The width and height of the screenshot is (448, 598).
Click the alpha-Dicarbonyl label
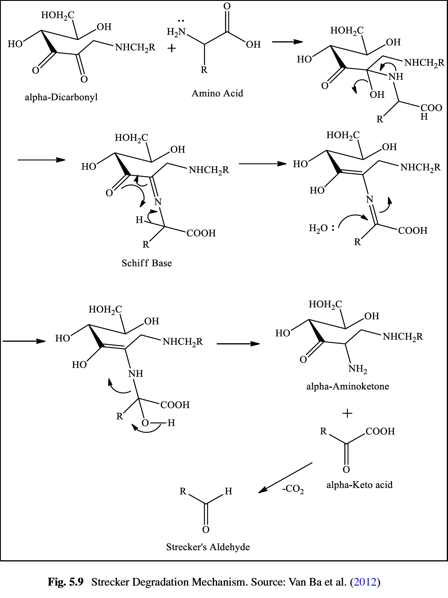coord(61,97)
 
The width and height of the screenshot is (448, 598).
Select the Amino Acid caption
coord(217,93)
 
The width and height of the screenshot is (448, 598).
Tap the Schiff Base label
coord(147,263)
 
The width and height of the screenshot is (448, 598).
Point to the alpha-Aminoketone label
coord(348,386)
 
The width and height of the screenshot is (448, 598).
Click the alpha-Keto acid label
coord(359,485)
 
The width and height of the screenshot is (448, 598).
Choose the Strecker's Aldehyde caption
coord(208,547)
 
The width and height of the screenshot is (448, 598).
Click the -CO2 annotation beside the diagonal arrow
coord(293,489)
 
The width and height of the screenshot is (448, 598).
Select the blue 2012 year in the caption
coord(365,582)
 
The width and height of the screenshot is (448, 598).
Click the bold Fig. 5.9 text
coord(66,582)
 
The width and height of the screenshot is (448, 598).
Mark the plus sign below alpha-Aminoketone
coord(348,413)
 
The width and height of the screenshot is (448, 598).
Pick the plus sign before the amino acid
coord(171,48)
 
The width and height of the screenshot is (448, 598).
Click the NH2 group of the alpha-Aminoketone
coord(358,369)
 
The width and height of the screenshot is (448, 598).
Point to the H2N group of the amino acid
coord(176,32)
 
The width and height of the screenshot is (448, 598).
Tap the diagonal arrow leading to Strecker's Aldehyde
coord(285,478)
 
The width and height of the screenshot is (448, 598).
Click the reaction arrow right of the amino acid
coord(287,42)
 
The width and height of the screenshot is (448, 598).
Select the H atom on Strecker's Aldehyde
coord(229,491)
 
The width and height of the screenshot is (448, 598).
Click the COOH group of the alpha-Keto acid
coord(380,431)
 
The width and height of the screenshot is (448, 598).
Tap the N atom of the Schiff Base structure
coord(158,202)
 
